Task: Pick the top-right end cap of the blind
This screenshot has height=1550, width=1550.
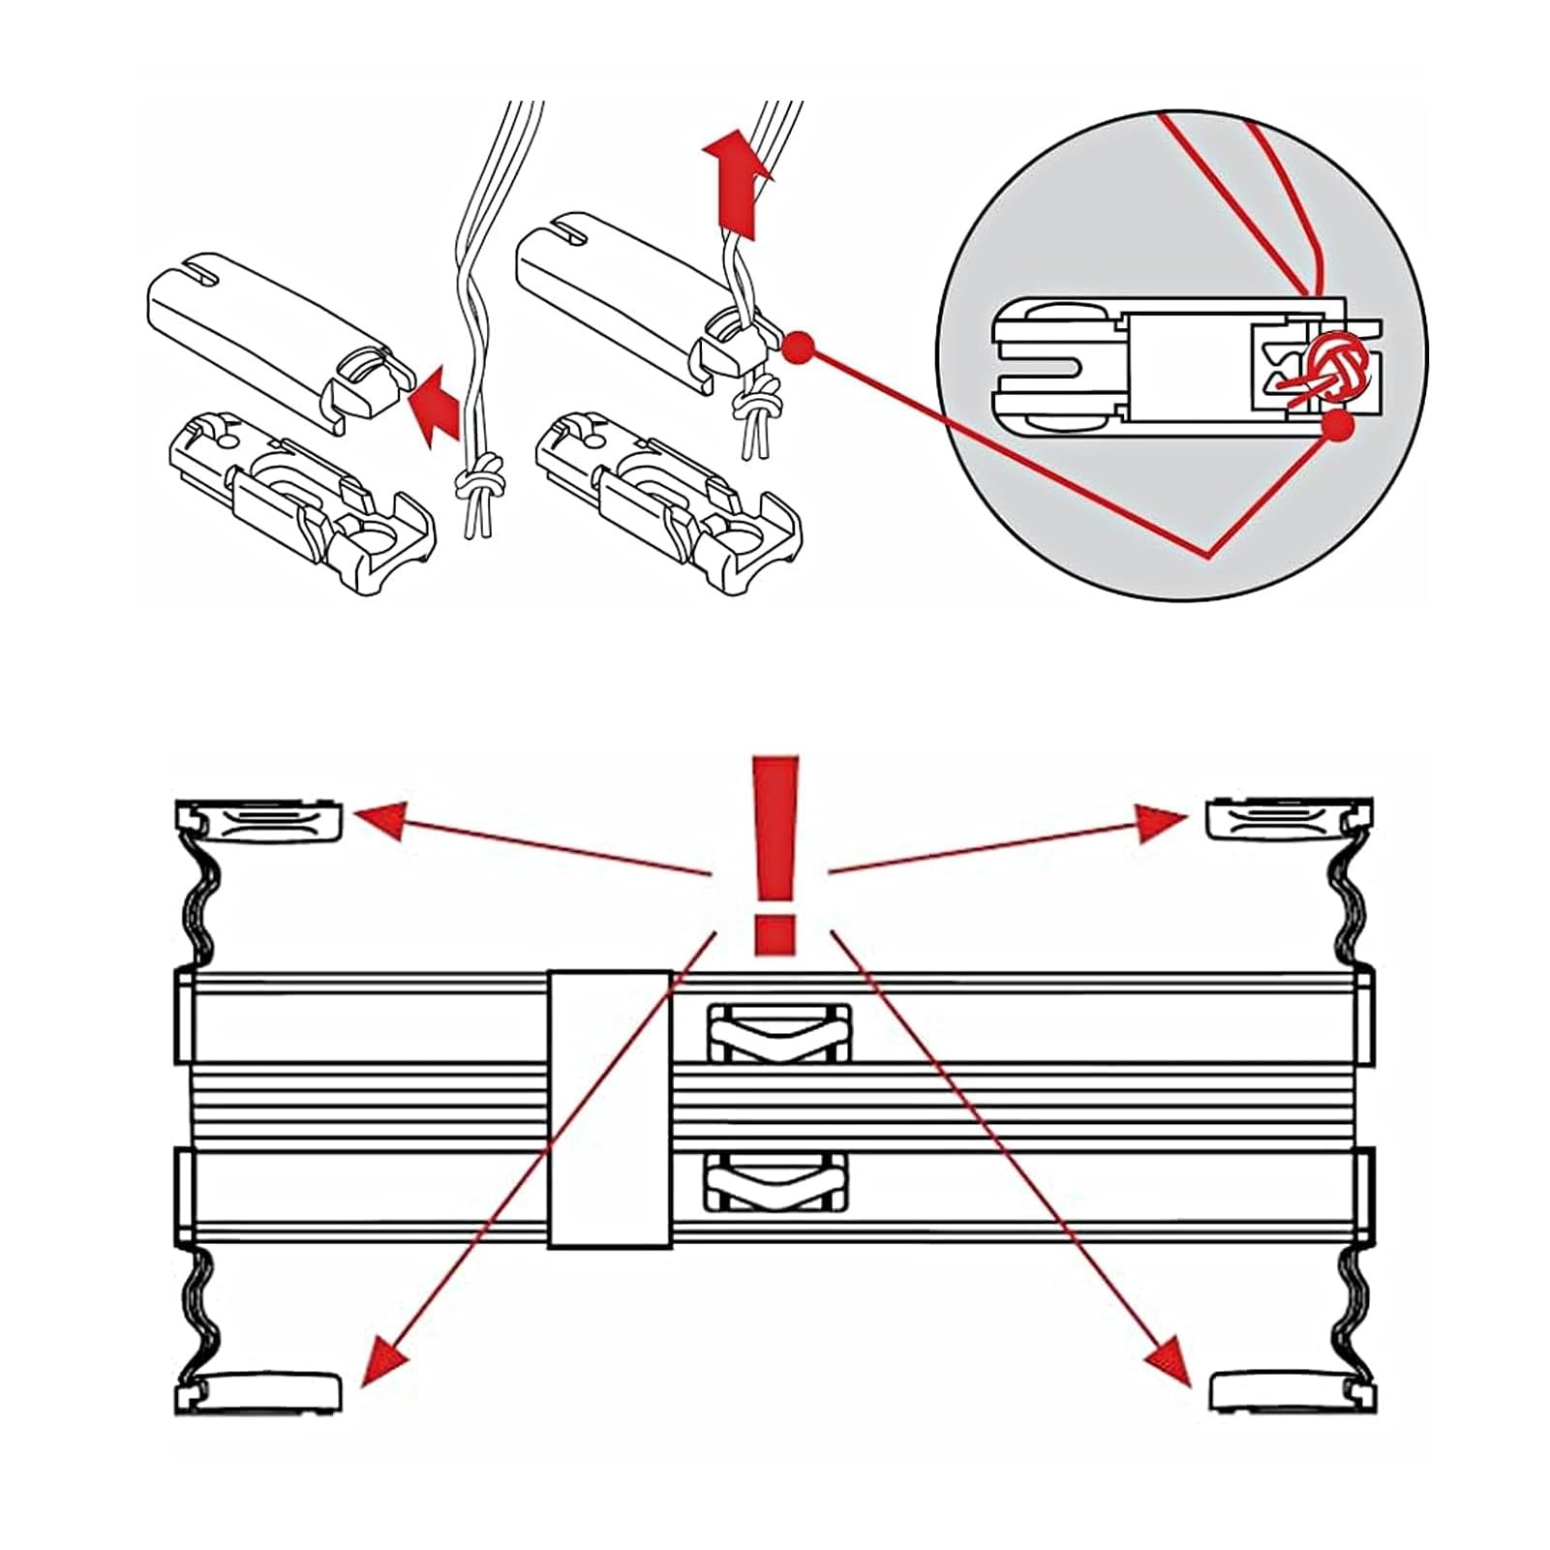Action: (1288, 821)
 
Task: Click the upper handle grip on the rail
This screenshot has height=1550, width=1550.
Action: (780, 1034)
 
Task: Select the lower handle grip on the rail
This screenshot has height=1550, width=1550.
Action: (780, 1181)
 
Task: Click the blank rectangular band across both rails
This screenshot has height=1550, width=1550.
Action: (610, 1109)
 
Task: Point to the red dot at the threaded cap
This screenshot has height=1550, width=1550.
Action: (797, 347)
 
